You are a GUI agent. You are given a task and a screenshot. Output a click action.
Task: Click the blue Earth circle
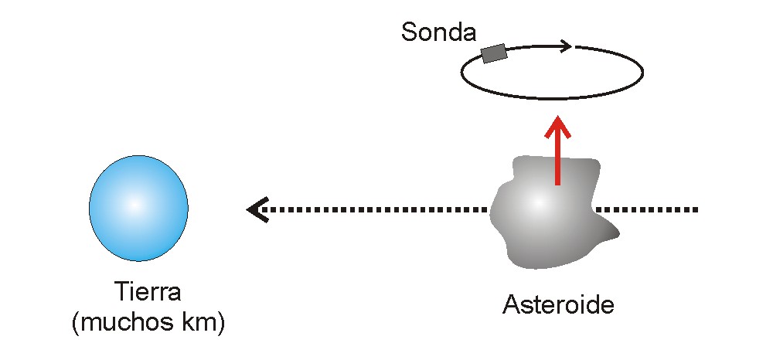(x=138, y=209)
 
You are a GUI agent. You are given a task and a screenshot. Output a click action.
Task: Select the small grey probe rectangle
(x=494, y=53)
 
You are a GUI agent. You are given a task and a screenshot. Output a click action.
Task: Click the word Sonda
(x=439, y=32)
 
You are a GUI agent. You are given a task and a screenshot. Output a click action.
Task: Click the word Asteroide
(x=559, y=305)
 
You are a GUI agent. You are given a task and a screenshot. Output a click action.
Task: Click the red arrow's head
(x=557, y=126)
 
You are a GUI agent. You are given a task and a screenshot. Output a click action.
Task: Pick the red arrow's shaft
(x=557, y=160)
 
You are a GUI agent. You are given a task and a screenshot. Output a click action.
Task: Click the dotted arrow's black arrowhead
(x=257, y=210)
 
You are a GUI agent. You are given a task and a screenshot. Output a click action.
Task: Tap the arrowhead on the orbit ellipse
(x=566, y=47)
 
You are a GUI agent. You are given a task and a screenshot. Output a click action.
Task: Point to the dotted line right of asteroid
(x=647, y=210)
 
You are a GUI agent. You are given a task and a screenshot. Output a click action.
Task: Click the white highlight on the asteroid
(x=537, y=202)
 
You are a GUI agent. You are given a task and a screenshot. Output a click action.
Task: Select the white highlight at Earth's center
(x=135, y=205)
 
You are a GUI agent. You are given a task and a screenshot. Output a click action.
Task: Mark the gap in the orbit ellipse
(x=574, y=46)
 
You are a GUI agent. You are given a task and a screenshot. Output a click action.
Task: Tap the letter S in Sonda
(x=408, y=32)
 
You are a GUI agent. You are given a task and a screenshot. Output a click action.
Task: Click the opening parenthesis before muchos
(x=76, y=324)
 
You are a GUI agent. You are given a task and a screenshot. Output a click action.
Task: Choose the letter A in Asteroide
(x=511, y=305)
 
